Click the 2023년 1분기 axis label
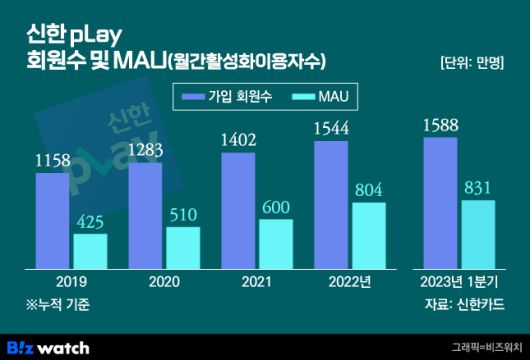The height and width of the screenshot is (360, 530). [x=460, y=283]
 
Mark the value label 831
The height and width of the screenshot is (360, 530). [x=479, y=189]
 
